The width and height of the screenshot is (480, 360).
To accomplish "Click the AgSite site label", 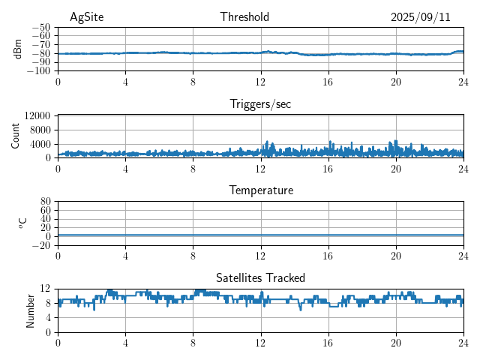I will tap(85, 17).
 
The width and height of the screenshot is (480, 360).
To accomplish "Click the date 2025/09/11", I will tap(420, 17).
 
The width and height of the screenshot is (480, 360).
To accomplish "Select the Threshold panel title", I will tap(244, 17).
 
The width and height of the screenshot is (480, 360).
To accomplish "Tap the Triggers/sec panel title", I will tap(260, 104).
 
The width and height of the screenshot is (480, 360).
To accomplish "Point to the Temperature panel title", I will tap(260, 190).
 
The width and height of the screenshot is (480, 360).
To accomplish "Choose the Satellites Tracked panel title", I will tap(260, 277).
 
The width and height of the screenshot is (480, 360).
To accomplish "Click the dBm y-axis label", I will tap(19, 49).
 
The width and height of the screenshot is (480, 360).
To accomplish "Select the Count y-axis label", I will tap(16, 136).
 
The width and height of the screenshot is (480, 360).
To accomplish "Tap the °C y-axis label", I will tap(22, 223).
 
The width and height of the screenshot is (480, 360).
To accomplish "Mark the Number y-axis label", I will tap(30, 310).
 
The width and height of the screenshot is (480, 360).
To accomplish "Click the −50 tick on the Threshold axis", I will tap(40, 27).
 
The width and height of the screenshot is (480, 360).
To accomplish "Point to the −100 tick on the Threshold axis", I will tap(38, 71).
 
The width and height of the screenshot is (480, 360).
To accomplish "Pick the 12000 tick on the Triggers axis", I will tap(37, 115).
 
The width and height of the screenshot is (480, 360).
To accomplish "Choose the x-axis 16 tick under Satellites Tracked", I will tap(328, 342).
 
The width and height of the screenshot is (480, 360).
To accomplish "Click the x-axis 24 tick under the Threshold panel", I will tap(463, 81).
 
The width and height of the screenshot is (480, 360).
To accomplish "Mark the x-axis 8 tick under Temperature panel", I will tap(193, 255).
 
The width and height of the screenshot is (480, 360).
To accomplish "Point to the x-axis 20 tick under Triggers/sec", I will tap(395, 168).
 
